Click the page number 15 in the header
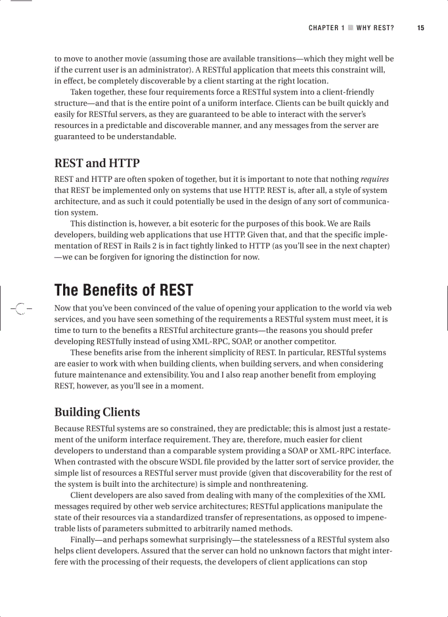coord(421,28)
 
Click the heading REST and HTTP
coord(97,163)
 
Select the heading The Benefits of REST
coord(124,290)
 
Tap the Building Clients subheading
coord(97,412)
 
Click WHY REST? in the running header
coord(375,28)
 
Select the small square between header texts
coord(350,28)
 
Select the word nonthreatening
coord(278,484)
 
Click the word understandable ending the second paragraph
coord(149,137)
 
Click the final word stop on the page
coord(359,562)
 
